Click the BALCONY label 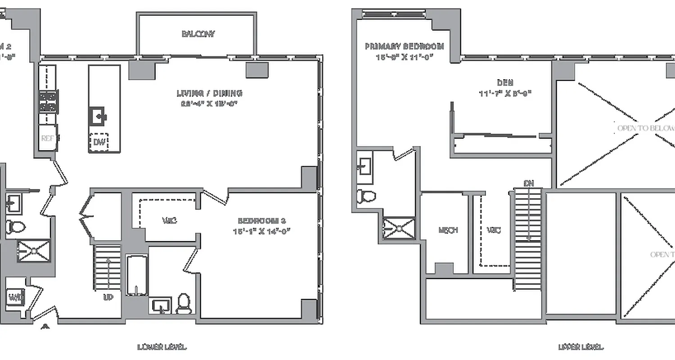click(x=198, y=34)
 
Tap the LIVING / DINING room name click(x=209, y=94)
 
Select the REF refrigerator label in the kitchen click(x=48, y=139)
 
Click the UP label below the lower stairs click(x=108, y=297)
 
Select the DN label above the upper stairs click(x=529, y=183)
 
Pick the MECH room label click(x=448, y=230)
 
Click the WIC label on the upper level click(x=494, y=230)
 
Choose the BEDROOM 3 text click(x=261, y=220)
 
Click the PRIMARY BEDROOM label click(x=404, y=46)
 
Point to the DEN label click(x=505, y=83)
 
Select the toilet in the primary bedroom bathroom click(x=366, y=196)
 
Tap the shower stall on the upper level click(x=399, y=227)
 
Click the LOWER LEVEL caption click(x=162, y=347)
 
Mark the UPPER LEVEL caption click(x=580, y=347)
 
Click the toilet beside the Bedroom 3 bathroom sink click(x=184, y=303)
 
